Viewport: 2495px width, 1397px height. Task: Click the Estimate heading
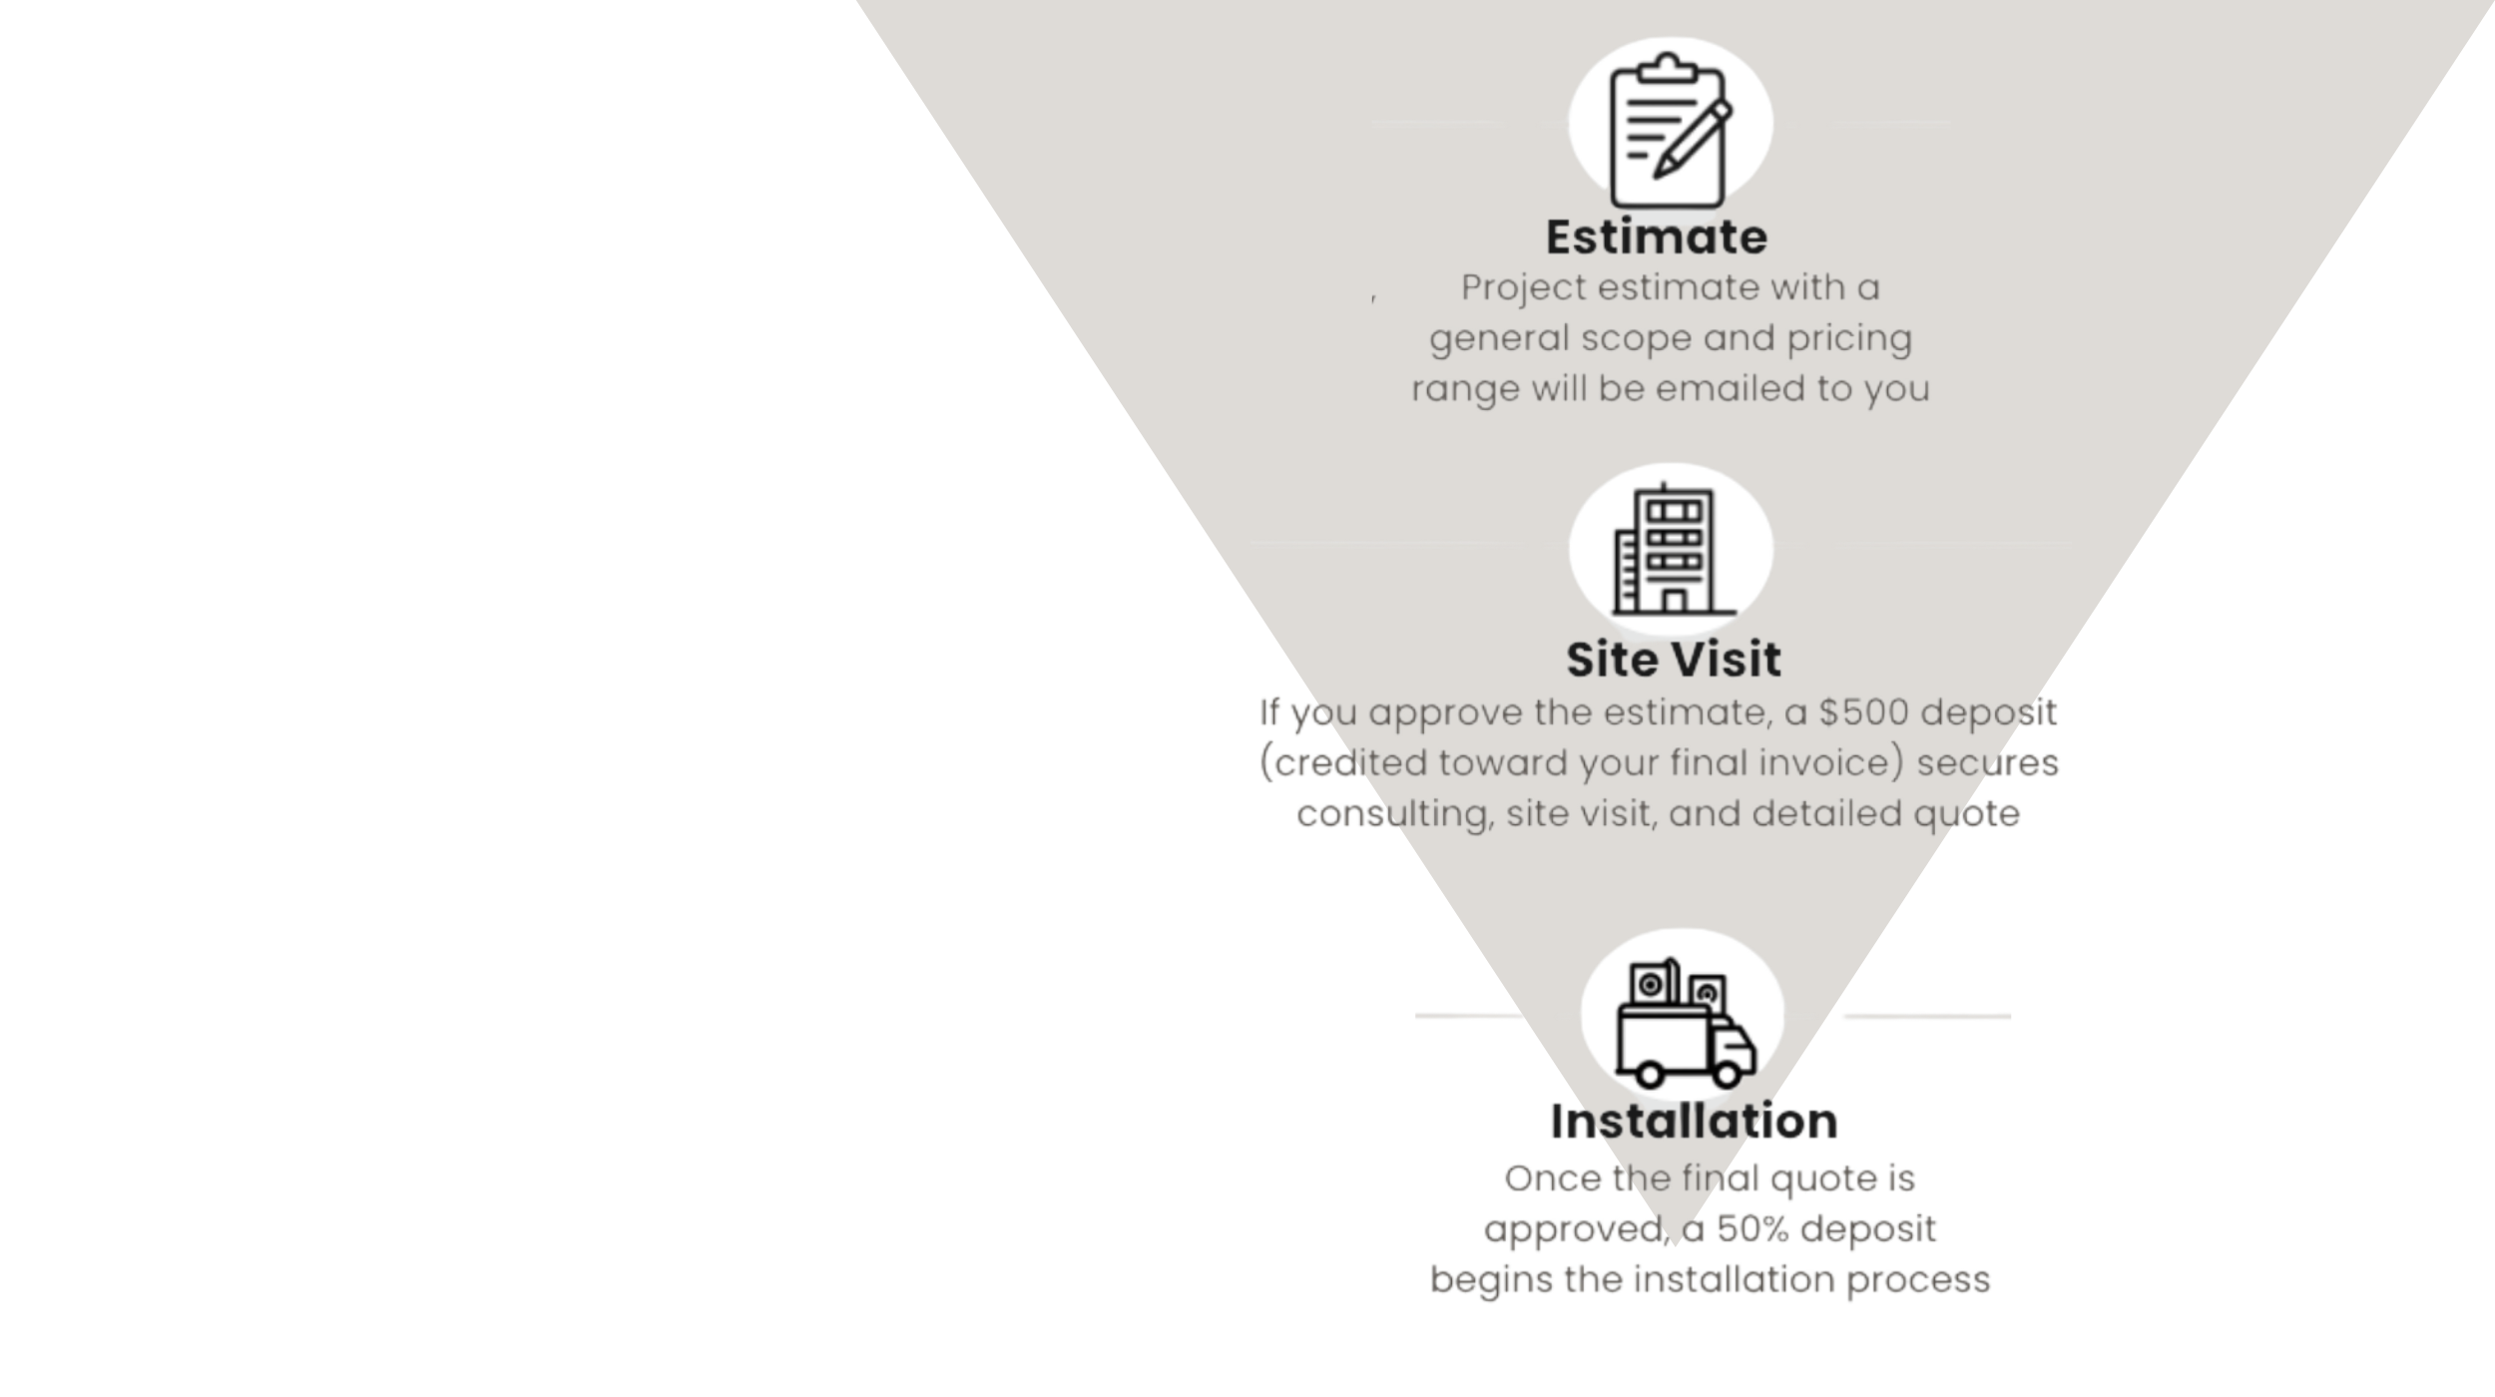click(1657, 237)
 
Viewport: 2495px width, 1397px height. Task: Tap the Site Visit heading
click(1674, 660)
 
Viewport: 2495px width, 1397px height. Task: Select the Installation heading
click(1694, 1122)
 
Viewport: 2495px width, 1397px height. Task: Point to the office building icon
click(1674, 550)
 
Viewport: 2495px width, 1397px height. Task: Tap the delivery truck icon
click(1685, 1024)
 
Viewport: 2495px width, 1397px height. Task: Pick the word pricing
click(1849, 339)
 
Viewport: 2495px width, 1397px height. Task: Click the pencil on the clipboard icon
click(1694, 140)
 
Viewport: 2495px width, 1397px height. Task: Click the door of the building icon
click(1675, 600)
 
